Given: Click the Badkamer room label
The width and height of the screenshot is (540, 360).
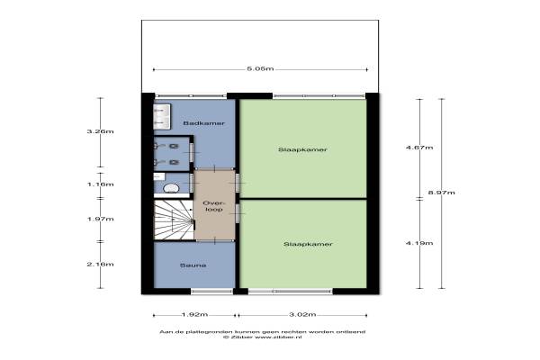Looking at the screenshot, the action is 204,123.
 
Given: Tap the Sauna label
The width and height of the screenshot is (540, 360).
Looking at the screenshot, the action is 193,265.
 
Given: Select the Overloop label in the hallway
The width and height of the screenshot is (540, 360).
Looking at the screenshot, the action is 214,206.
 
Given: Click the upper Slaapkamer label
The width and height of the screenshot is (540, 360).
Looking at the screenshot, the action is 302,149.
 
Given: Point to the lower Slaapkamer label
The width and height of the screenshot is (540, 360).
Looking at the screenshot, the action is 308,244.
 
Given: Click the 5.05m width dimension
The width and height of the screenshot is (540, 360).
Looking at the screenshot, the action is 260,69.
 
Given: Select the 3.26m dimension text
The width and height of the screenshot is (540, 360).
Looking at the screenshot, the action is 100,131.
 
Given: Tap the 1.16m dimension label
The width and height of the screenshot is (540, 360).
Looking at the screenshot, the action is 100,184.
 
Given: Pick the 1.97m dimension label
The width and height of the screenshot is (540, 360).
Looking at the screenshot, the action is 100,219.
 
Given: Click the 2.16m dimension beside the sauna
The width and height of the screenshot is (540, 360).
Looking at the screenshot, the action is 100,265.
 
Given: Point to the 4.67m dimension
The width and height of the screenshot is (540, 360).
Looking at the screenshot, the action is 419,148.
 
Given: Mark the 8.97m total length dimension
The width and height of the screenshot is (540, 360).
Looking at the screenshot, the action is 442,193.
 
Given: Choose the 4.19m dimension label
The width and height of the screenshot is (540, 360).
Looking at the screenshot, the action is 419,243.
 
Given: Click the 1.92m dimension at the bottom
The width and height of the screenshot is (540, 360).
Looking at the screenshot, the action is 194,314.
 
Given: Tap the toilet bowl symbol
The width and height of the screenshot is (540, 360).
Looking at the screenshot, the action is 171,188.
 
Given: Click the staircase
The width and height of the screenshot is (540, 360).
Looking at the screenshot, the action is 173,220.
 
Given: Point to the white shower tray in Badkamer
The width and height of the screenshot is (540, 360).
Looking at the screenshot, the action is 162,117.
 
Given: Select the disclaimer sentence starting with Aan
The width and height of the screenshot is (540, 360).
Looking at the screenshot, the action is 263,332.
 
